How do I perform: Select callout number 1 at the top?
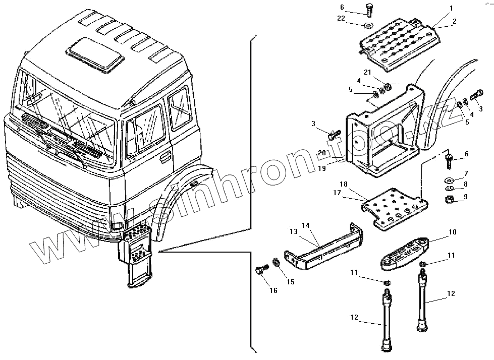pyautogui.click(x=451, y=8)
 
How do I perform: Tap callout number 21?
pyautogui.click(x=368, y=72)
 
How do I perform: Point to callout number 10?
pyautogui.click(x=452, y=232)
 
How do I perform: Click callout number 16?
pyautogui.click(x=273, y=290)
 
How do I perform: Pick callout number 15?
pyautogui.click(x=291, y=282)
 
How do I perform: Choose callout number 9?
pyautogui.click(x=466, y=197)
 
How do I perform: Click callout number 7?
pyautogui.click(x=466, y=173)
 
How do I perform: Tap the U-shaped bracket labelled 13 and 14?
pyautogui.click(x=323, y=247)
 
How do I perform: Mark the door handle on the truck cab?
pyautogui.click(x=164, y=159)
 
